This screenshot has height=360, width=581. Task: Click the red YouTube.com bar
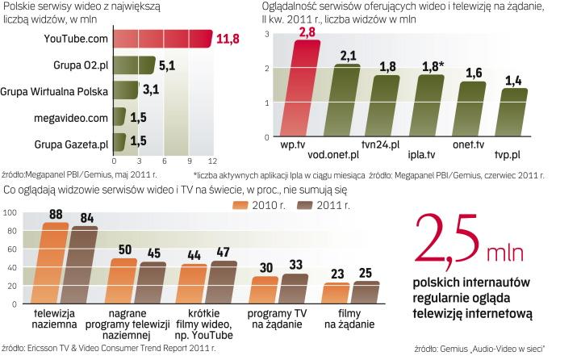click(161, 38)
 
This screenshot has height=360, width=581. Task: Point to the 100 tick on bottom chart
click(9, 213)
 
